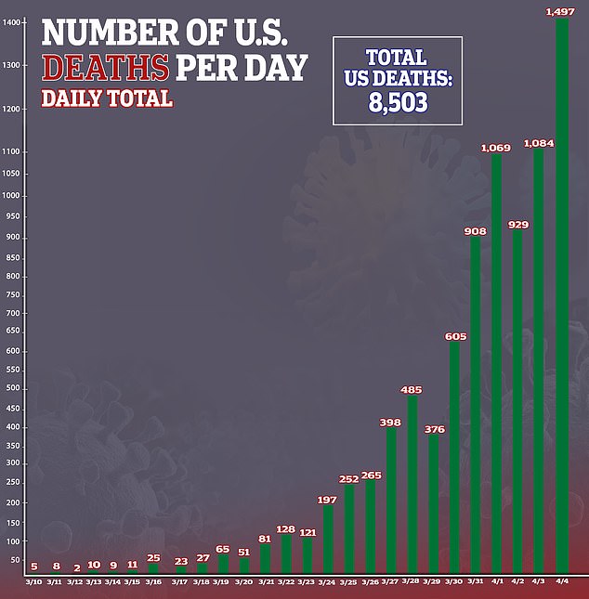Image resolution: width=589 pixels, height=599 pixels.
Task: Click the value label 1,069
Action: tap(496, 148)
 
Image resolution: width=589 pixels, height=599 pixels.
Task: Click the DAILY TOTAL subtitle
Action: tap(107, 98)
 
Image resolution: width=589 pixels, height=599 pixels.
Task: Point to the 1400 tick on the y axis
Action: tap(11, 22)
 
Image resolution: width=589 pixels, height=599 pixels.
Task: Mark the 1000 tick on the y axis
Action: tap(11, 195)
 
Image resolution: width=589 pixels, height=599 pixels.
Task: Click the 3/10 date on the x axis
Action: tap(33, 581)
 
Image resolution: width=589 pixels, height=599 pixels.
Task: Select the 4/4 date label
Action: tap(561, 581)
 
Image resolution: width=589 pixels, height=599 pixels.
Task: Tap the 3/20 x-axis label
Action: tap(243, 581)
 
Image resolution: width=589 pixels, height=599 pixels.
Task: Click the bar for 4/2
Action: tap(518, 400)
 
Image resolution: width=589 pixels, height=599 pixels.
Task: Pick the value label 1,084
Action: tap(539, 143)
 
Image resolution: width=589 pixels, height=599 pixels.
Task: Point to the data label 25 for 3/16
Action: tap(153, 557)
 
